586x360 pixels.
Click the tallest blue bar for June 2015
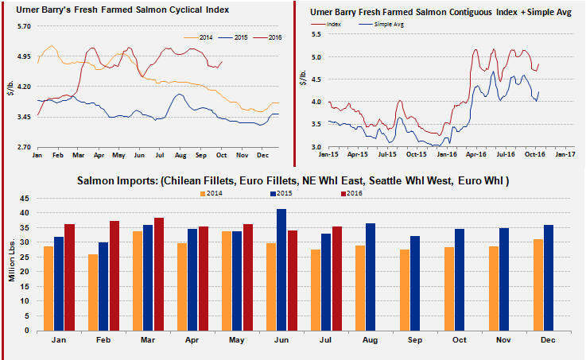pos(281,269)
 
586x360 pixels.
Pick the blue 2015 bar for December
pos(561,277)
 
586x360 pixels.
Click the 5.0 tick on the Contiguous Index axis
pos(316,57)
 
